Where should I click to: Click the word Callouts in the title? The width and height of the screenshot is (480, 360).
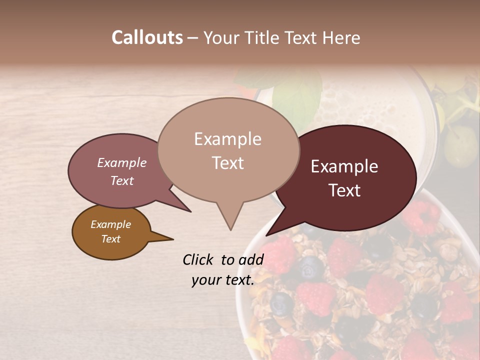(x=147, y=37)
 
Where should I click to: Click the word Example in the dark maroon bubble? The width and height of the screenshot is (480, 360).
(x=344, y=166)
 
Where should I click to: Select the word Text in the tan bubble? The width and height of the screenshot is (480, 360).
(x=228, y=163)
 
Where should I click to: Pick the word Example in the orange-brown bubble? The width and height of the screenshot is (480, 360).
(x=110, y=224)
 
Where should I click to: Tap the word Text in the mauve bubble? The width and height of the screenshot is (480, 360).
(x=122, y=180)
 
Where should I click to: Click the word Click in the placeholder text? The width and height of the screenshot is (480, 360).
(x=198, y=259)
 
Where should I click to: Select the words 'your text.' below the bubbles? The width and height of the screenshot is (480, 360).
(x=223, y=280)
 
